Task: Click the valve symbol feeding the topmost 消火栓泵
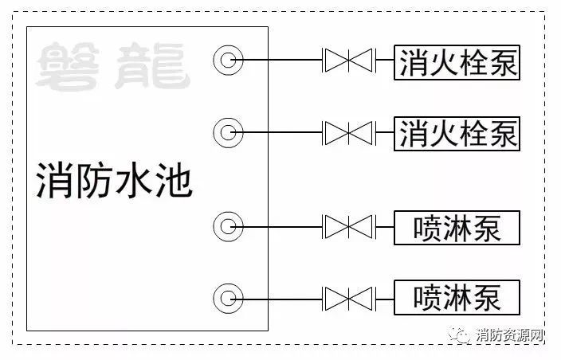pyautogui.click(x=348, y=60)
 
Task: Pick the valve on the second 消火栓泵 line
pyautogui.click(x=348, y=133)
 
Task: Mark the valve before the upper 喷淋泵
pyautogui.click(x=348, y=227)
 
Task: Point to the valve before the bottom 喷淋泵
pyautogui.click(x=348, y=299)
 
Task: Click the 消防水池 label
pyautogui.click(x=115, y=181)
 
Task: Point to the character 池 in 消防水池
pyautogui.click(x=175, y=181)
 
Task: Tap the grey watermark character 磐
pyautogui.click(x=68, y=65)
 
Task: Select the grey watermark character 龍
pyautogui.click(x=152, y=65)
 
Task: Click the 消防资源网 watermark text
pyautogui.click(x=509, y=335)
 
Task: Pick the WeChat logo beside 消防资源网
pyautogui.click(x=460, y=335)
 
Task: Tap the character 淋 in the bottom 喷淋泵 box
pyautogui.click(x=457, y=297)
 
